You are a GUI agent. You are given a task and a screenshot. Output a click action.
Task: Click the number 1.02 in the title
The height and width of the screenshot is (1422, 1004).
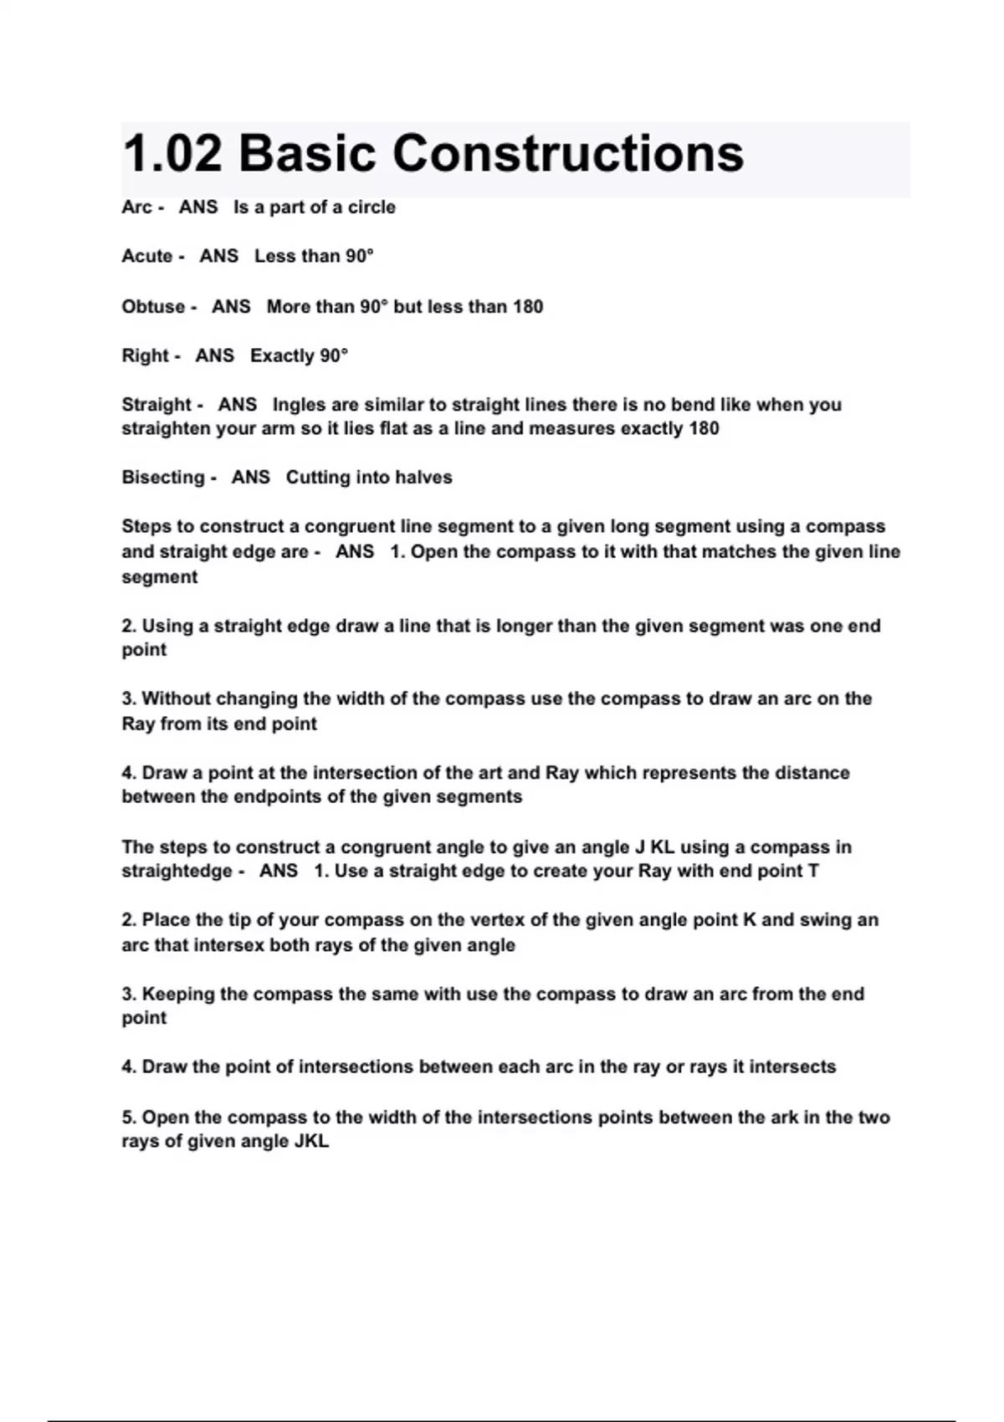(x=172, y=155)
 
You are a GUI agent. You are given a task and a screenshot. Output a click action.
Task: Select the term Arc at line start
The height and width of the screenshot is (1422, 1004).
(x=136, y=207)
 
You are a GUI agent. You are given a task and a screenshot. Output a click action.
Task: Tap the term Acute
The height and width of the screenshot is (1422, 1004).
(x=147, y=256)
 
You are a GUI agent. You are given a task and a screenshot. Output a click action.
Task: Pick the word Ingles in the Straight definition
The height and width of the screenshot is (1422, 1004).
(x=299, y=405)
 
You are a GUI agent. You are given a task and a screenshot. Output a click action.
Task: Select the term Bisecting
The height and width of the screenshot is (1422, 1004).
(x=163, y=478)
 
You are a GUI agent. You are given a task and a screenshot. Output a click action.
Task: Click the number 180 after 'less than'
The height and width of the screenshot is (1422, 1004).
(x=528, y=307)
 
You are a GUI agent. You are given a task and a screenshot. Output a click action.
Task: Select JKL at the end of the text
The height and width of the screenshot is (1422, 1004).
(x=311, y=1142)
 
